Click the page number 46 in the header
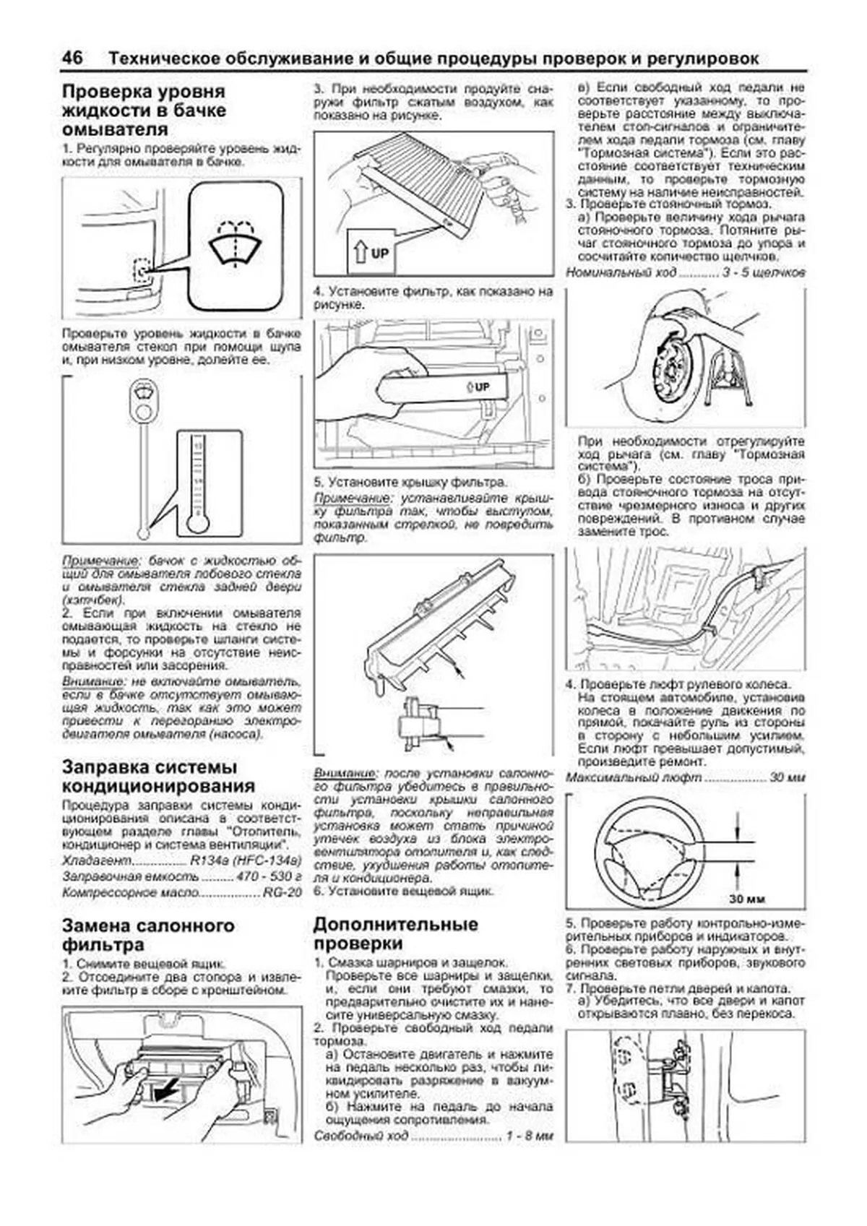[x=72, y=58]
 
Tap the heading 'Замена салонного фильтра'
[x=148, y=935]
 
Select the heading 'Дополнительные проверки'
[x=395, y=933]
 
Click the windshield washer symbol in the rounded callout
[x=235, y=243]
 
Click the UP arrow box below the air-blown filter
[x=370, y=253]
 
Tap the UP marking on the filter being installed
[x=478, y=387]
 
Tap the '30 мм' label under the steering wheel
[x=746, y=899]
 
